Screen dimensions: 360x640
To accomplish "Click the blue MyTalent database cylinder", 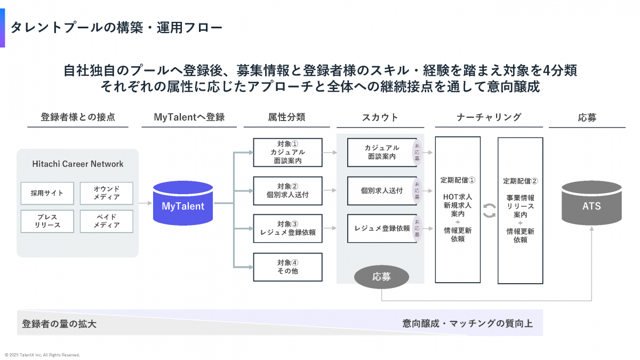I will (x=183, y=203).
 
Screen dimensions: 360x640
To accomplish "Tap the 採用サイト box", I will (x=46, y=193).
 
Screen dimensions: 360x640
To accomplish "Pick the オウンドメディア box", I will (x=106, y=193).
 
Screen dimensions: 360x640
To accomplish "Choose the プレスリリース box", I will (x=46, y=221).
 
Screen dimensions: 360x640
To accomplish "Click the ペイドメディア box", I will (x=106, y=221).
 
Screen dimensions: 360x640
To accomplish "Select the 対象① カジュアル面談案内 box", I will (x=287, y=152).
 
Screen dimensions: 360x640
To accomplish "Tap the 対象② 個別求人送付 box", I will (x=287, y=190).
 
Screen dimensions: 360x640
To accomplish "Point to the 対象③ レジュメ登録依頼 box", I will (x=287, y=228).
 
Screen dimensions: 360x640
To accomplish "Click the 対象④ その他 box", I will (x=287, y=267).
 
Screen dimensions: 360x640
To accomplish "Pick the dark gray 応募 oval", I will (x=382, y=277).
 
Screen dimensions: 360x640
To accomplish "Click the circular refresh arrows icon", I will (x=489, y=210).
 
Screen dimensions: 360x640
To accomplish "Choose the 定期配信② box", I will (x=520, y=210).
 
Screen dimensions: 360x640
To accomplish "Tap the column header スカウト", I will (x=380, y=117).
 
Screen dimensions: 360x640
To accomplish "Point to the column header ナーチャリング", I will (x=489, y=117).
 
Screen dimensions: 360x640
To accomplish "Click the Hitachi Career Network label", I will (x=77, y=164).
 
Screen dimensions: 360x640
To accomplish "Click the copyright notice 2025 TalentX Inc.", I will (x=43, y=355).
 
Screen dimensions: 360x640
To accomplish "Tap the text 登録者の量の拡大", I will (x=59, y=324).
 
